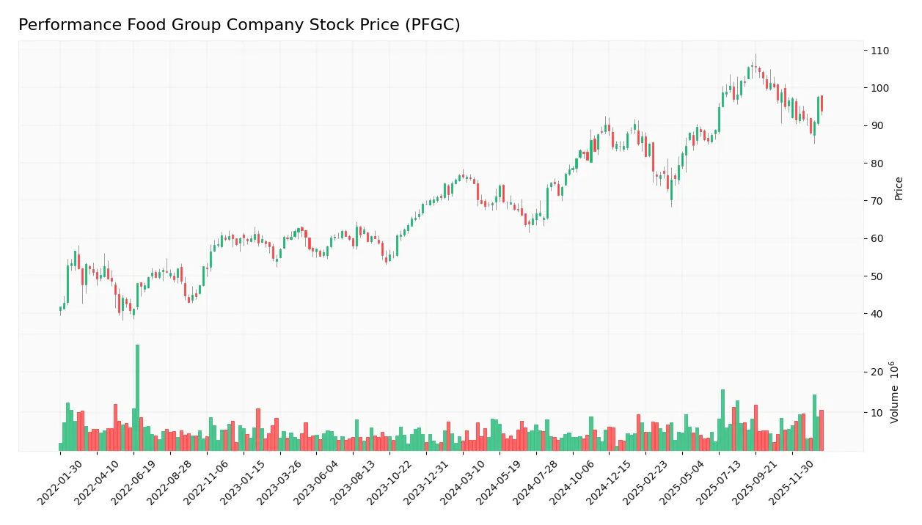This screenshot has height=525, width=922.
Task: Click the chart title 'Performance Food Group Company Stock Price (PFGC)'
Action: (x=239, y=25)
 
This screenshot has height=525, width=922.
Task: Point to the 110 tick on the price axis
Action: (x=880, y=51)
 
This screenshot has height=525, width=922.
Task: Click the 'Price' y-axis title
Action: (x=899, y=188)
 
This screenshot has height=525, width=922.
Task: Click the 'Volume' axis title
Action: (x=895, y=392)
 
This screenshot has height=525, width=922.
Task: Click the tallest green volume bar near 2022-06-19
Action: (x=137, y=397)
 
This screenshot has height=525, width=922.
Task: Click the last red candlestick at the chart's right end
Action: (x=822, y=103)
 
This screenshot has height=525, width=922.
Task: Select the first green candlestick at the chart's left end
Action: (x=61, y=309)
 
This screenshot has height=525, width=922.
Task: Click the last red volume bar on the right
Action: (x=822, y=430)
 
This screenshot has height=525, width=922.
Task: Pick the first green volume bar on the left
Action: (x=61, y=447)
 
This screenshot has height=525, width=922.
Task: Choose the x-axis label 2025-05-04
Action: (x=684, y=484)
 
